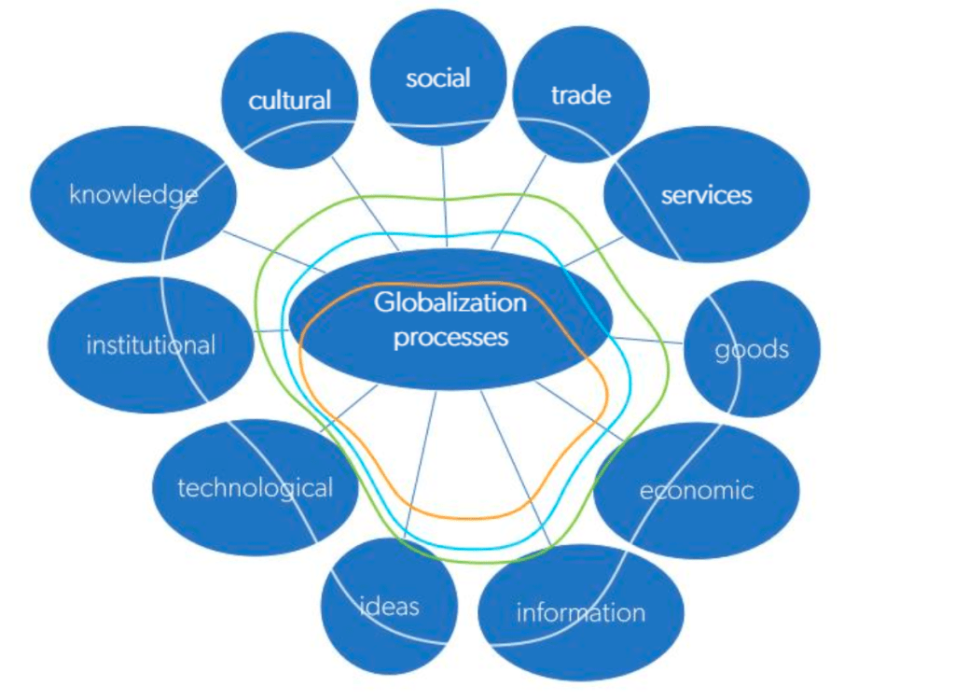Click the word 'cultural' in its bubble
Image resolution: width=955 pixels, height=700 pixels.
[x=290, y=100]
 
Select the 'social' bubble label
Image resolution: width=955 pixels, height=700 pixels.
[x=437, y=78]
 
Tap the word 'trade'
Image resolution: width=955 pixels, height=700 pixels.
[x=580, y=94]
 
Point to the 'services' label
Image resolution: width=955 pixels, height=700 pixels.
[x=706, y=195]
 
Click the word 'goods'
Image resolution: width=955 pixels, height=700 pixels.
[x=752, y=350]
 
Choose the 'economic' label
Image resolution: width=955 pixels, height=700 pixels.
[x=696, y=490]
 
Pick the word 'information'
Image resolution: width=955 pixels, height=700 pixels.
[x=580, y=612]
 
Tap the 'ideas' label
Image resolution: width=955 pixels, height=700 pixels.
[x=389, y=606]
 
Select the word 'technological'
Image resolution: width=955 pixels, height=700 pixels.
[x=255, y=487]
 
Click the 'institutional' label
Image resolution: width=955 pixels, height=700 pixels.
[x=150, y=345]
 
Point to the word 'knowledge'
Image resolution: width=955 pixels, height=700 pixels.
[x=133, y=194]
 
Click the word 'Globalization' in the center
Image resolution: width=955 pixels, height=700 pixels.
[x=450, y=303]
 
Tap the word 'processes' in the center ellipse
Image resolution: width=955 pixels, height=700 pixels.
[x=450, y=336]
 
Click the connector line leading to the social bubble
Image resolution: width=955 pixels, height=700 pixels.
[x=445, y=191]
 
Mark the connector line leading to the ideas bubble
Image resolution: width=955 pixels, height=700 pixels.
[x=420, y=467]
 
